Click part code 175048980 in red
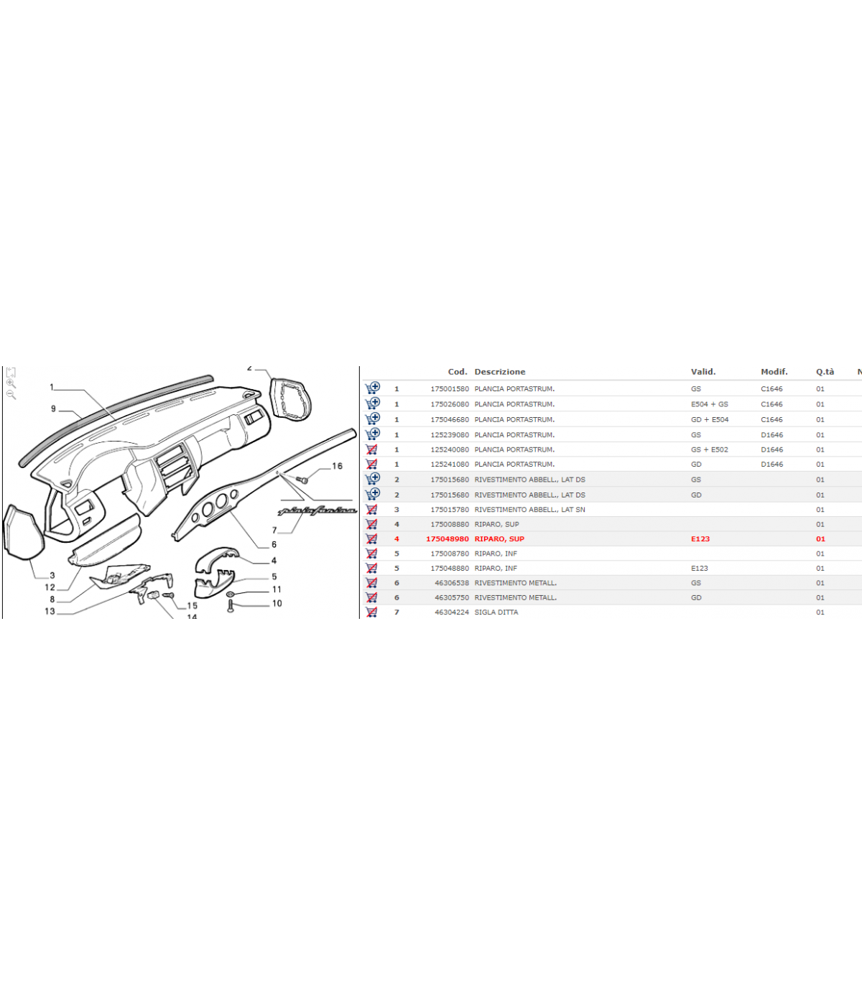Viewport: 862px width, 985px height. [x=447, y=538]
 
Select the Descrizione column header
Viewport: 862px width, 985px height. [x=499, y=372]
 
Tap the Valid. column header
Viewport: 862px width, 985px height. [x=703, y=372]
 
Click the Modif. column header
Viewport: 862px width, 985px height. [x=774, y=372]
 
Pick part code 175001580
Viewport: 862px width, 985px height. [x=449, y=388]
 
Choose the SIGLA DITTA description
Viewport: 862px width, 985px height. [x=496, y=612]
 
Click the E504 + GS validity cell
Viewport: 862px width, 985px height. [x=709, y=404]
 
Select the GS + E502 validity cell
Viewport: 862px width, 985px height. [x=709, y=449]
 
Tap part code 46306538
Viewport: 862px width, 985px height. [x=451, y=582]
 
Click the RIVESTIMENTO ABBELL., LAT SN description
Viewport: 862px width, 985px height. [x=529, y=509]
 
